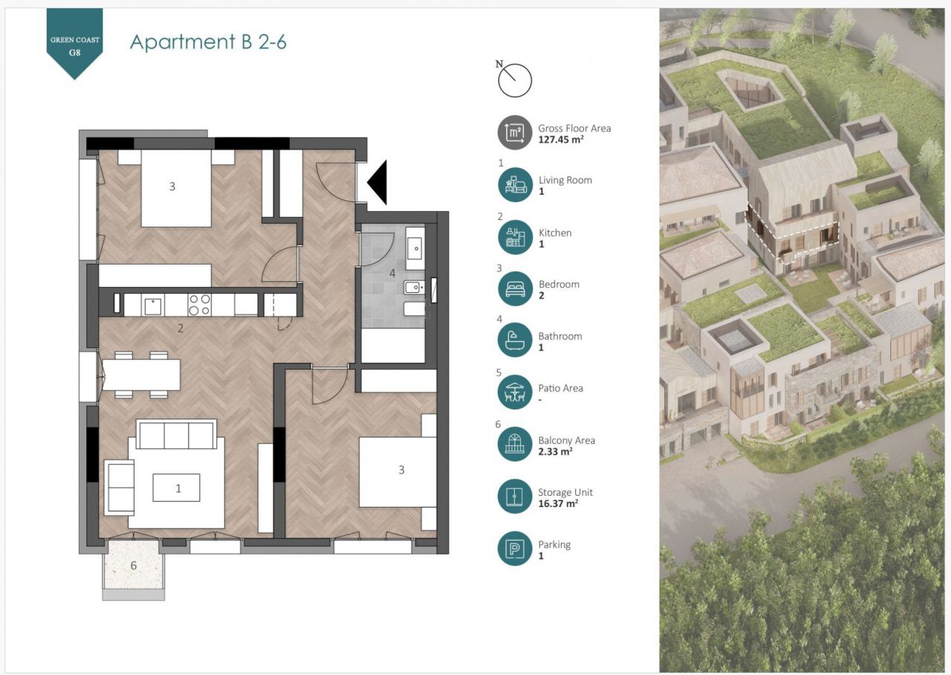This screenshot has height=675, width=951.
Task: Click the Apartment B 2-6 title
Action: tap(208, 42)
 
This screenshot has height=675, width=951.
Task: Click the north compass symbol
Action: tap(513, 80)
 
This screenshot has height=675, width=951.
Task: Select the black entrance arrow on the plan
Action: tap(377, 182)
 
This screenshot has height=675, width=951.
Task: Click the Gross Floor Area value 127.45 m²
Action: tap(561, 140)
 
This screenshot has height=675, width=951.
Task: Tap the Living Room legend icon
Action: tap(515, 185)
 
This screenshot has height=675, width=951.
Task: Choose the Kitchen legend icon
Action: tap(515, 237)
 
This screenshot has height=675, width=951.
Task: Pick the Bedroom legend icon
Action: tap(515, 289)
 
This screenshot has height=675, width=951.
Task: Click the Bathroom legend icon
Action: tap(515, 340)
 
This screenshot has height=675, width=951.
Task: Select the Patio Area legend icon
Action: tap(515, 392)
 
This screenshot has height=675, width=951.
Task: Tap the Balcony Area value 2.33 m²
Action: tap(555, 451)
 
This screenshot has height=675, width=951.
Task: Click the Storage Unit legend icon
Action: tap(515, 496)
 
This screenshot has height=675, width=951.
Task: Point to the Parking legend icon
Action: tap(515, 549)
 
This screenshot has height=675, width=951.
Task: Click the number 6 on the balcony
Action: tap(134, 566)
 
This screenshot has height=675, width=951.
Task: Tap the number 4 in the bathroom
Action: tap(392, 273)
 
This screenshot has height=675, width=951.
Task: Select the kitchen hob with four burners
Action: tap(200, 305)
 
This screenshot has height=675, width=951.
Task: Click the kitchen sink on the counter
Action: tap(152, 306)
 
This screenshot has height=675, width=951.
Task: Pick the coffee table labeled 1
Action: tap(176, 488)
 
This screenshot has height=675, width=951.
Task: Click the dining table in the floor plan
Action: tap(141, 375)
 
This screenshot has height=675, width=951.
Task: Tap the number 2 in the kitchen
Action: tap(181, 328)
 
